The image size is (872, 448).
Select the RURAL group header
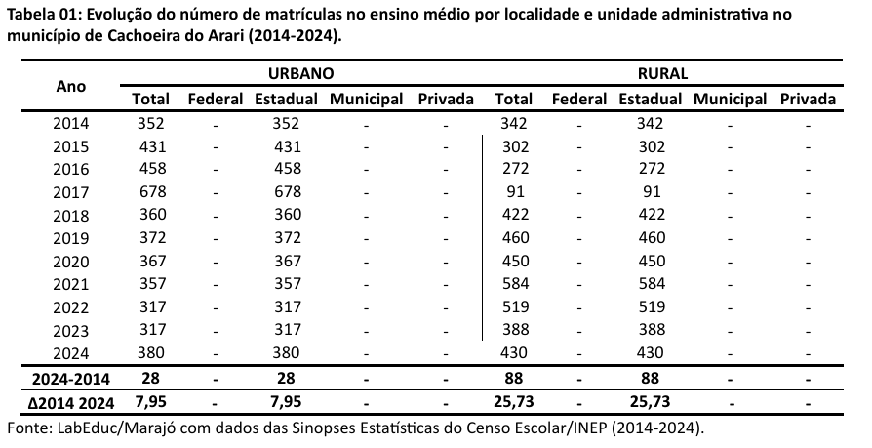click(663, 73)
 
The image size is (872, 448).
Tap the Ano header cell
click(71, 86)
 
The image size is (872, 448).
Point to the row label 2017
click(71, 192)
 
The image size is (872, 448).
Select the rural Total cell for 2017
click(514, 192)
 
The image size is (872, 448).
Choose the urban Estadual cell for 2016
click(287, 170)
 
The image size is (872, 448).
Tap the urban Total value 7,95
click(152, 401)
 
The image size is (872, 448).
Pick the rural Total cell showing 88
click(514, 378)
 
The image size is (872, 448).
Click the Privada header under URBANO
click(445, 99)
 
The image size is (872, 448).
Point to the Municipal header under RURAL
click(730, 99)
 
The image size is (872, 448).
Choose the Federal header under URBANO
click(216, 99)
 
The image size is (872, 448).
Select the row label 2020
click(71, 261)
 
